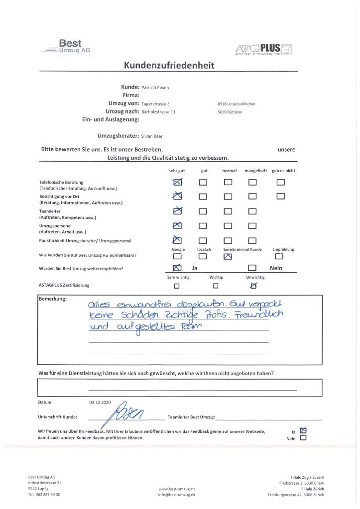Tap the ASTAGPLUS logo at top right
pos(263,48)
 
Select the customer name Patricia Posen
pos(155,88)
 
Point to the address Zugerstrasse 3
pos(156,103)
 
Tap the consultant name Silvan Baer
pos(152,136)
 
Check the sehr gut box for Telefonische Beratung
pos(177,182)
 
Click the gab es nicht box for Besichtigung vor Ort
pos(281,196)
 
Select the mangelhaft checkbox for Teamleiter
pos(252,211)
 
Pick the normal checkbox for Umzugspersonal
pos(228,226)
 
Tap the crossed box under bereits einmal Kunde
pos(228,257)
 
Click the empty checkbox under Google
pos(177,257)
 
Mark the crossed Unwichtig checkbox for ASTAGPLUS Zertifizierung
pos(254,286)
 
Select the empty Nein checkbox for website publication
pos(303,439)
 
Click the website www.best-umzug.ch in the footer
pos(177,489)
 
